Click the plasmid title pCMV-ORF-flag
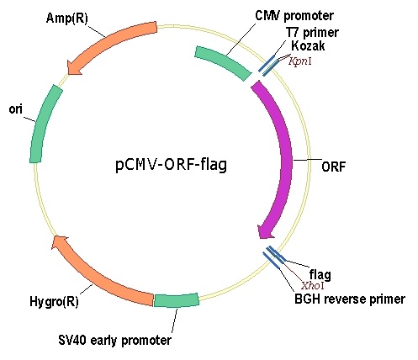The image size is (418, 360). click(171, 165)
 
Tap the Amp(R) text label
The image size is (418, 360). click(67, 19)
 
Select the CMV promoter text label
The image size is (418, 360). click(294, 16)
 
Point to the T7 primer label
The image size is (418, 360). click(312, 33)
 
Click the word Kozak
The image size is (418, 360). click(308, 45)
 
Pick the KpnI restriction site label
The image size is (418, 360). click(300, 61)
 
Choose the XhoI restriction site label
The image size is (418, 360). click(313, 286)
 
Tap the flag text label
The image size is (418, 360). click(320, 274)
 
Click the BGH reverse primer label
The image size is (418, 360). click(350, 299)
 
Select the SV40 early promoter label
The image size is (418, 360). click(114, 341)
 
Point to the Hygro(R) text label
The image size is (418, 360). click(54, 302)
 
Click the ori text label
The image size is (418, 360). click(15, 109)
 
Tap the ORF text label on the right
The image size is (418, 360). click(333, 167)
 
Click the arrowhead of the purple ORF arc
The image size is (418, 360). click(264, 231)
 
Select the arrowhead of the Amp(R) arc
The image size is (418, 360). click(73, 68)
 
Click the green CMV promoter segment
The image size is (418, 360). click(224, 62)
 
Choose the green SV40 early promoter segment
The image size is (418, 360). click(177, 300)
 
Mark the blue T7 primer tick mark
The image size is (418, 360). click(267, 63)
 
